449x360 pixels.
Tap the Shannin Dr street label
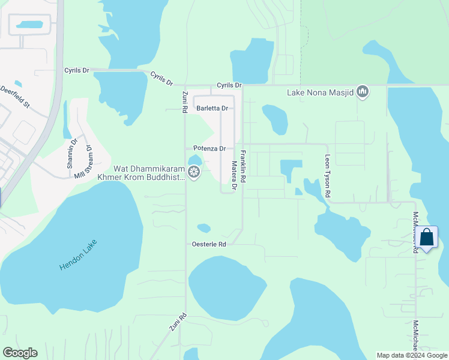[74, 151]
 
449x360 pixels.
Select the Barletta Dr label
[212, 109]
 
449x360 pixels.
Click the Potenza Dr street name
[209, 148]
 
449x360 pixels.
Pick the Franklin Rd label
[244, 166]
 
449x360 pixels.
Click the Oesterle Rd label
[208, 244]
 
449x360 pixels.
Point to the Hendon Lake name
[79, 254]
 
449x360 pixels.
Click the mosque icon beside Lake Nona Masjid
[362, 92]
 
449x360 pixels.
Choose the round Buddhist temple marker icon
[194, 173]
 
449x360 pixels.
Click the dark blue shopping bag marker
[427, 238]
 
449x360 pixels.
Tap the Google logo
[20, 353]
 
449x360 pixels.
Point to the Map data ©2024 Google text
[411, 355]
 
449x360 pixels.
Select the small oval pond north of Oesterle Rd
[204, 228]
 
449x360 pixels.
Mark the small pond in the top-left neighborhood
[29, 25]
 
